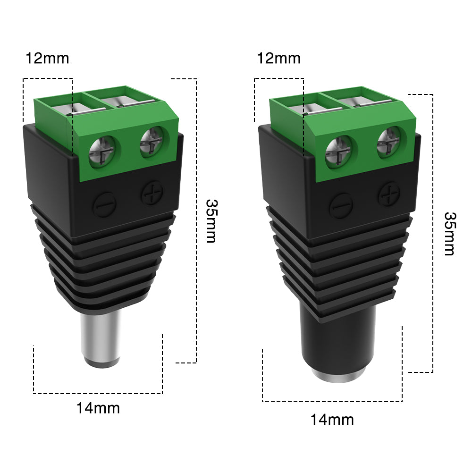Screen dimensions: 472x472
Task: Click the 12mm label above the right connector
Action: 278,59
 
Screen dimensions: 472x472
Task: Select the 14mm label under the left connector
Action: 98,407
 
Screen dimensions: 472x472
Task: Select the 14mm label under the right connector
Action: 332,419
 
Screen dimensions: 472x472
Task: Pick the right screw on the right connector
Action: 389,141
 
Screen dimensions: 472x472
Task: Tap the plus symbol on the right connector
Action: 390,194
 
